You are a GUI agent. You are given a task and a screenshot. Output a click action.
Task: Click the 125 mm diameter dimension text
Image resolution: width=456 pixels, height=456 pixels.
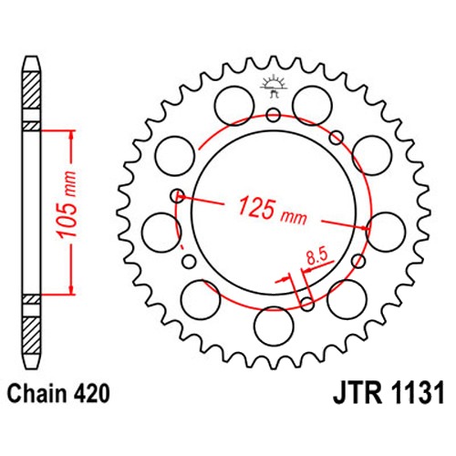(x=272, y=211)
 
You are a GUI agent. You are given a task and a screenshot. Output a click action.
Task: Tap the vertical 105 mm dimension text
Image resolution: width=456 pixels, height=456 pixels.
(x=67, y=204)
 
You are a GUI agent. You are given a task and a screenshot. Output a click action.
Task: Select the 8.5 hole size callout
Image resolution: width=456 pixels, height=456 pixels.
(x=316, y=257)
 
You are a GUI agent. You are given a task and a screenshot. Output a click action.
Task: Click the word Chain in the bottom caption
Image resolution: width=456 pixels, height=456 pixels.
(x=36, y=394)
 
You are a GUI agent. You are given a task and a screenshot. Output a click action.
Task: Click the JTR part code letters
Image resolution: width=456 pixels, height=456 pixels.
(x=358, y=394)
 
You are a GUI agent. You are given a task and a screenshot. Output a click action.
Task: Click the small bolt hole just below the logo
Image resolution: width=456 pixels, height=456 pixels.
(x=274, y=115)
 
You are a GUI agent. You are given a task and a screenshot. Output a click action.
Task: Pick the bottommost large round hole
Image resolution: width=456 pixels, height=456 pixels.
(x=274, y=326)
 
